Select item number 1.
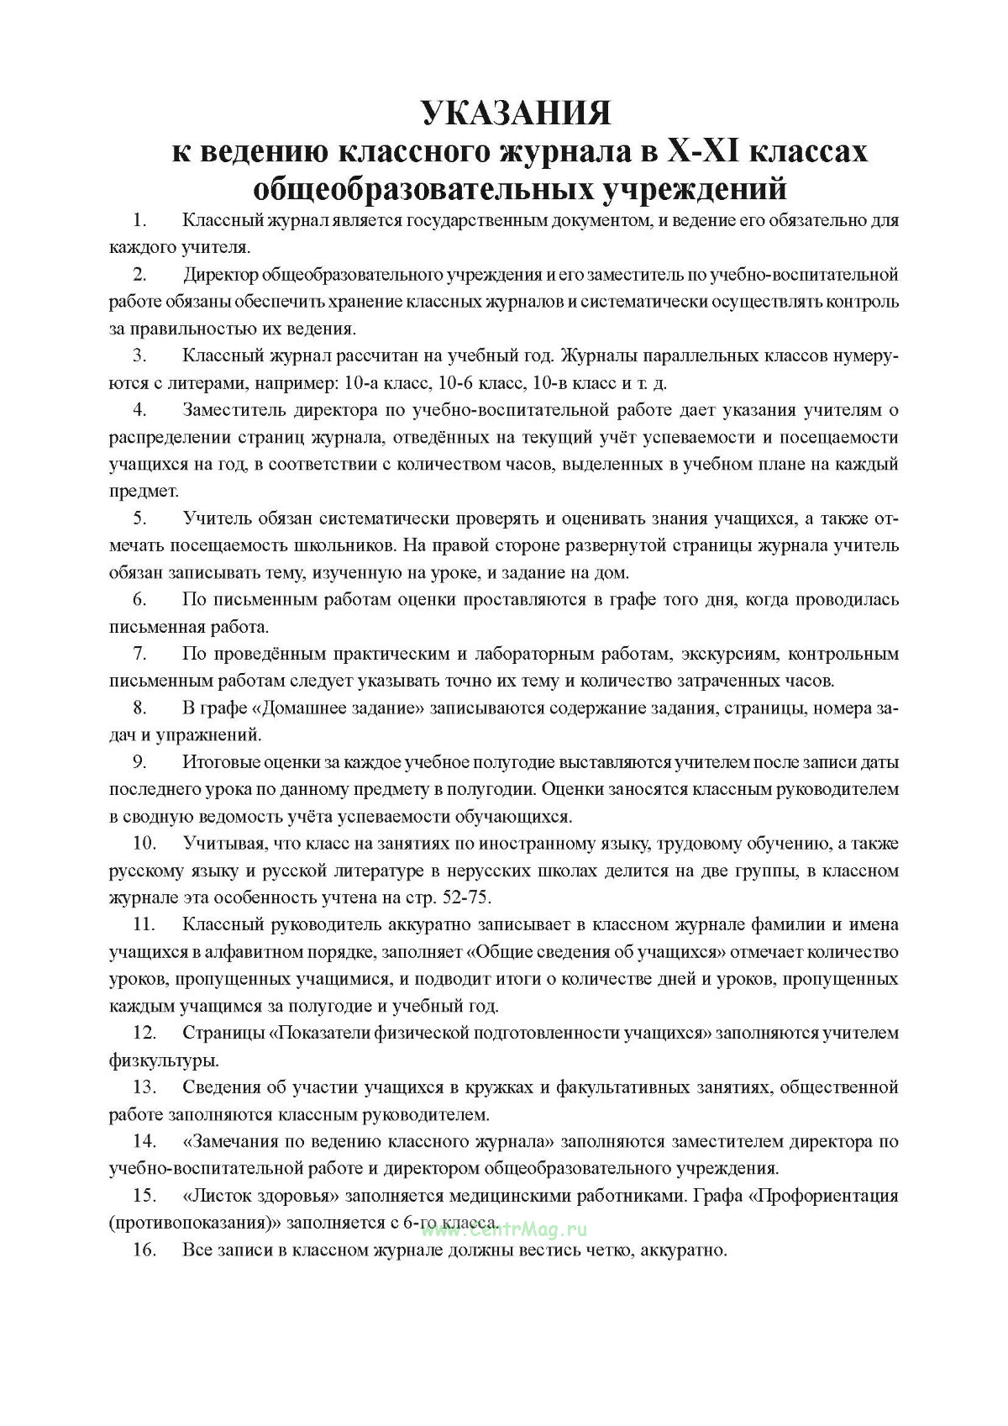click(x=139, y=221)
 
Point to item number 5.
click(x=139, y=518)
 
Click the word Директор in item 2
click(x=221, y=275)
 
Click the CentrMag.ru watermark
click(x=504, y=1229)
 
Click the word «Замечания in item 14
click(x=228, y=1141)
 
